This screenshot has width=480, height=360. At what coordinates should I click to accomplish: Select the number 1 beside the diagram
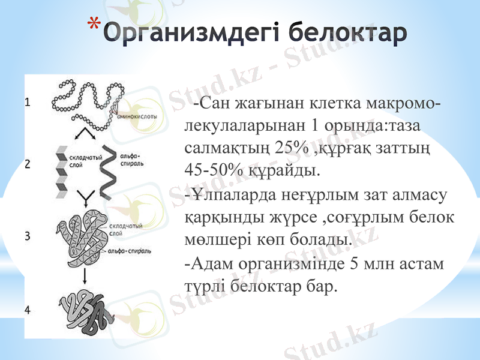tap(28, 103)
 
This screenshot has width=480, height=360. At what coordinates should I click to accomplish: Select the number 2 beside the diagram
tap(28, 164)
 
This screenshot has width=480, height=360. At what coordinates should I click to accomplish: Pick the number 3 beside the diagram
tap(28, 236)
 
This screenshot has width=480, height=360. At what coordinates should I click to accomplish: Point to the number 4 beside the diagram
tap(28, 309)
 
